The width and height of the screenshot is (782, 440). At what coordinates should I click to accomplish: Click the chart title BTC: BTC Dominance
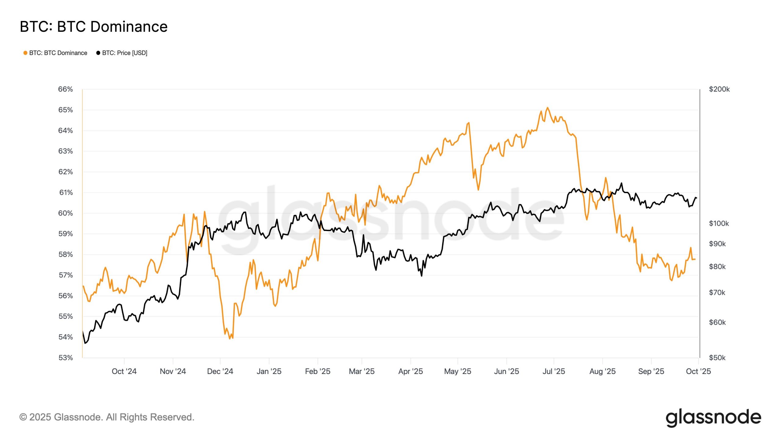tap(93, 27)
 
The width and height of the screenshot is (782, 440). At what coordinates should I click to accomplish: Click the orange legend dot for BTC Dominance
tap(25, 53)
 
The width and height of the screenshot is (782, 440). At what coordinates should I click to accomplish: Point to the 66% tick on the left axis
tap(65, 89)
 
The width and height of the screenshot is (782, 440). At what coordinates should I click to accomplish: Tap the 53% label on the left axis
tap(65, 358)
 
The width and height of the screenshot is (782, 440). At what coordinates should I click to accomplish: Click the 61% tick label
tap(66, 193)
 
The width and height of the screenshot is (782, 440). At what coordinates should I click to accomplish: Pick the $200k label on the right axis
tap(719, 89)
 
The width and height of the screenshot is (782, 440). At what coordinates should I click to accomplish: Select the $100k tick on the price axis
tap(719, 223)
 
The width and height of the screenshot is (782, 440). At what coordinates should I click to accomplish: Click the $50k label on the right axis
tap(717, 358)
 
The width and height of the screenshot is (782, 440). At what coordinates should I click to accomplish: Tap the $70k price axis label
tap(717, 292)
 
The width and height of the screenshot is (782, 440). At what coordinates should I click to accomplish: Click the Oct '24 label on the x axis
tap(124, 371)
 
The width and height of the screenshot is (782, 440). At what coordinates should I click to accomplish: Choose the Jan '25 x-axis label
tap(269, 371)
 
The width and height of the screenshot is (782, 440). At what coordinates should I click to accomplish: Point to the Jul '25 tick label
tap(554, 371)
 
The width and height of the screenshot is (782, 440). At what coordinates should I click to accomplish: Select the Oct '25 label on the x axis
tap(698, 371)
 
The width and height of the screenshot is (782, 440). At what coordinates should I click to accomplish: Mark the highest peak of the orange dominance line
tap(547, 108)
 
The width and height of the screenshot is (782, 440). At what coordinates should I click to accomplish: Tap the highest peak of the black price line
tap(621, 183)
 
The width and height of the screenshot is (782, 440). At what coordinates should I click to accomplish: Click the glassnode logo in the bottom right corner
tap(713, 417)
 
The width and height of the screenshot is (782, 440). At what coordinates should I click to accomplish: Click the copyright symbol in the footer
tap(23, 417)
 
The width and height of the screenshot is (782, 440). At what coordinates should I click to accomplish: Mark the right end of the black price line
tap(696, 198)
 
